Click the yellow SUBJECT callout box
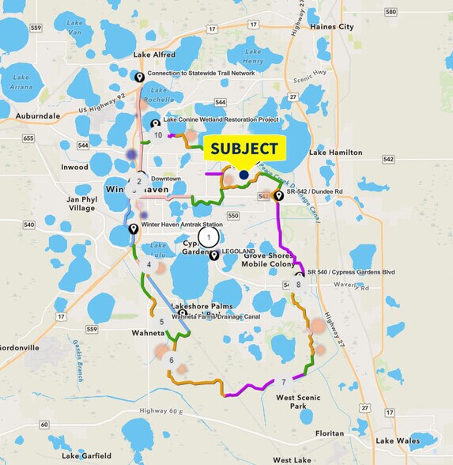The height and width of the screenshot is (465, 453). pyautogui.click(x=244, y=149)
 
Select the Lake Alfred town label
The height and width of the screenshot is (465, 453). pyautogui.click(x=154, y=55)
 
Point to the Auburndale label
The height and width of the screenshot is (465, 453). pyautogui.click(x=32, y=115)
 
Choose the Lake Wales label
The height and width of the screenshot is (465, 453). pyautogui.click(x=397, y=440)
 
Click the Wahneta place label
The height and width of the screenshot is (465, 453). pyautogui.click(x=149, y=334)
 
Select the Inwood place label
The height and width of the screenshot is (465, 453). pyautogui.click(x=75, y=168)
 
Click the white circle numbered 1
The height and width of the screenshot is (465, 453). pyautogui.click(x=208, y=236)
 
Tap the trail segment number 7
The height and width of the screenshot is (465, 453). pyautogui.click(x=283, y=383)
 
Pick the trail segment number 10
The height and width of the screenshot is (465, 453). pyautogui.click(x=158, y=135)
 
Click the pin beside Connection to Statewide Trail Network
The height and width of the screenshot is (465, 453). pyautogui.click(x=139, y=76)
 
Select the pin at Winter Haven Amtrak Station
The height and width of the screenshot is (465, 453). pyautogui.click(x=134, y=229)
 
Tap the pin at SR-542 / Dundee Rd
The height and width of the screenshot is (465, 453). pyautogui.click(x=278, y=195)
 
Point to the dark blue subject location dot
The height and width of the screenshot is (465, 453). pyautogui.click(x=243, y=175)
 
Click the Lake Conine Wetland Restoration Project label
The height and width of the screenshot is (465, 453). pyautogui.click(x=221, y=120)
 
